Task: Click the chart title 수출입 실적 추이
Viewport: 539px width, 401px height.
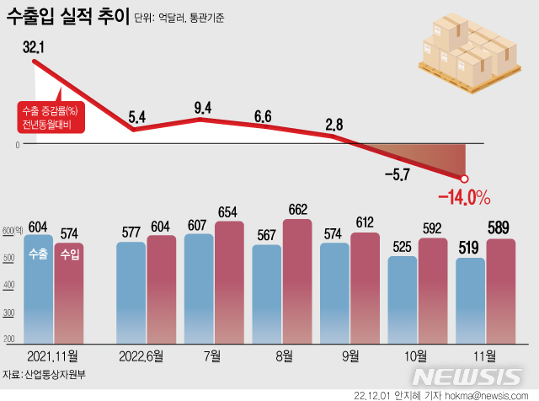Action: [67, 18]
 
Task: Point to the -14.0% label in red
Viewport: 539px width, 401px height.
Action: [464, 198]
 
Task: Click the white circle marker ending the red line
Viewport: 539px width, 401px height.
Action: [463, 178]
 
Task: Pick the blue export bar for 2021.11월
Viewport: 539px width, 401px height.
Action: [37, 286]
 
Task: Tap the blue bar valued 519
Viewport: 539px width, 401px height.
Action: [470, 299]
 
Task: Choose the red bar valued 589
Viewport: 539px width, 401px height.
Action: [500, 291]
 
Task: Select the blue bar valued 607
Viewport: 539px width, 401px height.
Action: [199, 286]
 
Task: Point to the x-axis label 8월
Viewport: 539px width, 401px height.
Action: [284, 356]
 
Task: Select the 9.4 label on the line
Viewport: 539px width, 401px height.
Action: [202, 107]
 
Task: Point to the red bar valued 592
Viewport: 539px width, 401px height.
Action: [433, 291]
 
